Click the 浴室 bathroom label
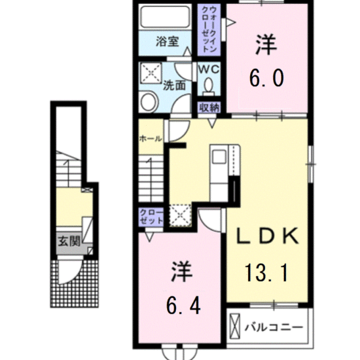tap(167, 42)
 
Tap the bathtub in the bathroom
tap(164, 17)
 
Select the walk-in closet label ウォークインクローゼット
tap(209, 29)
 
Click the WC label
tap(209, 69)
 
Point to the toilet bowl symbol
tap(209, 87)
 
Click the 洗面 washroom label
tap(174, 85)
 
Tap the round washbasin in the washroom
tap(149, 102)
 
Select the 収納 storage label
tap(209, 108)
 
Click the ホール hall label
tap(151, 139)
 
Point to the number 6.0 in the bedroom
tap(266, 78)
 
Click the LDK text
tap(268, 236)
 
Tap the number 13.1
tap(266, 273)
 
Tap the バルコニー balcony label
tap(274, 327)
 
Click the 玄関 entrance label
tap(69, 242)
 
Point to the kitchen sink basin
tap(219, 156)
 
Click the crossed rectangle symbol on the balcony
tap(234, 327)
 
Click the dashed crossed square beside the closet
tap(180, 215)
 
